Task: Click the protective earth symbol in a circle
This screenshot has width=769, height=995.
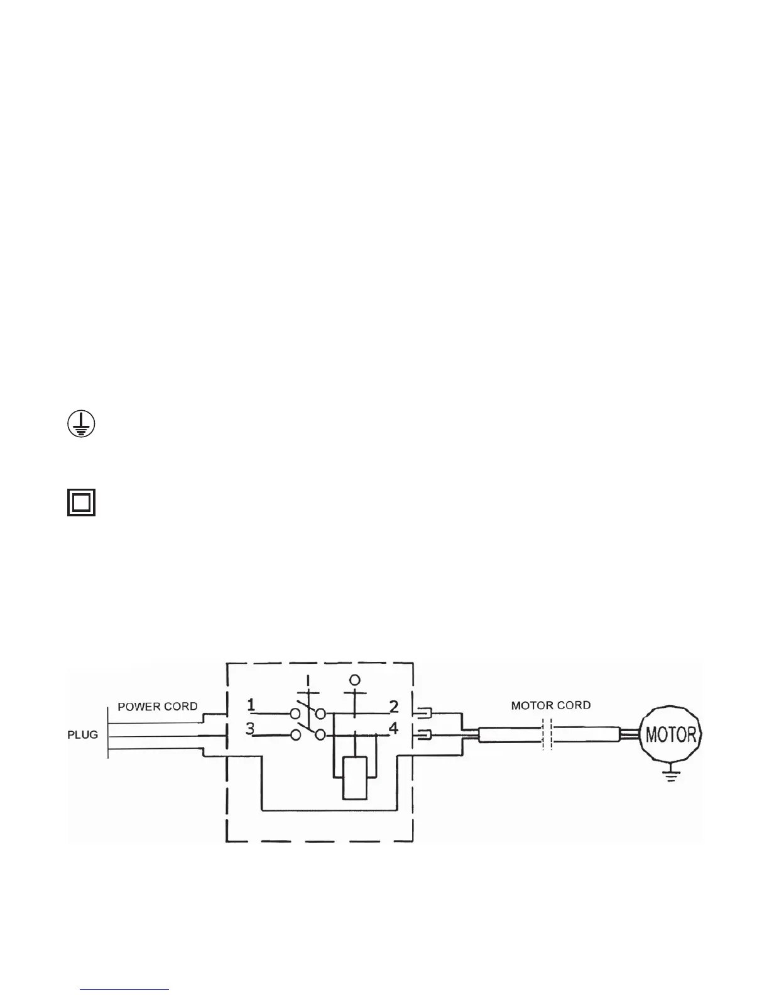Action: pyautogui.click(x=80, y=425)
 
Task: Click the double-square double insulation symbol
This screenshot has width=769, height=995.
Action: pyautogui.click(x=82, y=503)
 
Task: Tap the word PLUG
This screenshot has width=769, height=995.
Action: pyautogui.click(x=83, y=734)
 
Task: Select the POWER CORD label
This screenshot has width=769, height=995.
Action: pyautogui.click(x=158, y=706)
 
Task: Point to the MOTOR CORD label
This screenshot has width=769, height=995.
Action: pyautogui.click(x=550, y=705)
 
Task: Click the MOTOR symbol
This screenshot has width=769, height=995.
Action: pyautogui.click(x=671, y=734)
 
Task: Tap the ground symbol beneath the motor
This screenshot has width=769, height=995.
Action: pyautogui.click(x=672, y=777)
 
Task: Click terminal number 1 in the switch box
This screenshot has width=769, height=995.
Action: pyautogui.click(x=251, y=706)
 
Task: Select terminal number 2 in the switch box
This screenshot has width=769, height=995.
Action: pyautogui.click(x=394, y=707)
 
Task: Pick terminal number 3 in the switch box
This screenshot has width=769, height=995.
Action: pyautogui.click(x=250, y=729)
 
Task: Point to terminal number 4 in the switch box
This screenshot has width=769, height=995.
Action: pyautogui.click(x=394, y=729)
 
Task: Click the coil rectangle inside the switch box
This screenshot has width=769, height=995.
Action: pyautogui.click(x=354, y=778)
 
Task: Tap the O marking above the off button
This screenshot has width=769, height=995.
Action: pyautogui.click(x=354, y=680)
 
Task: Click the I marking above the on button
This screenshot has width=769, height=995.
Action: pyautogui.click(x=308, y=680)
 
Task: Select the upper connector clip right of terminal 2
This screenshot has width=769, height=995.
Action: pyautogui.click(x=421, y=713)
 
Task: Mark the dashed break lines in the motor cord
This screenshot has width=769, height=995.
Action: pyautogui.click(x=547, y=734)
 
